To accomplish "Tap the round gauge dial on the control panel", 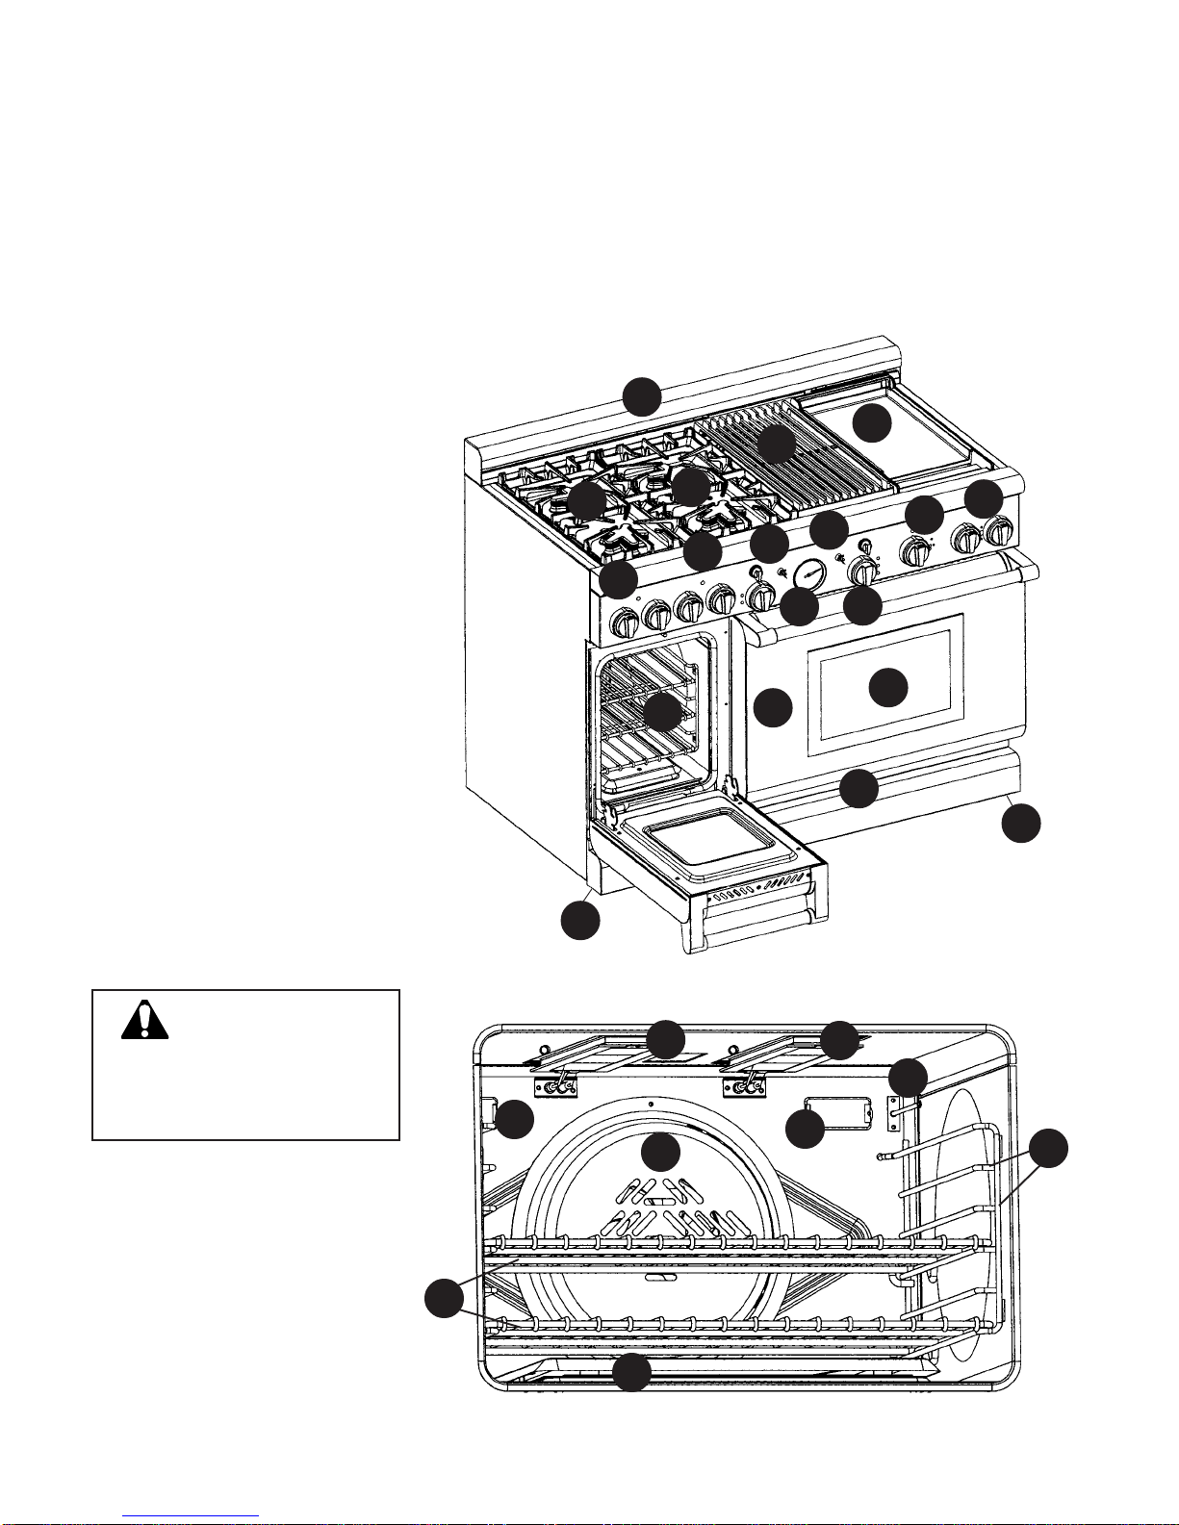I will pos(811,574).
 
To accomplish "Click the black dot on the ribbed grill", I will pos(775,444).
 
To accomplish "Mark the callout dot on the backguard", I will pos(642,396).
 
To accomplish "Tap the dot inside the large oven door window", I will pos(887,687).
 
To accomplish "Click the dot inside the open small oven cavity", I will pos(661,713).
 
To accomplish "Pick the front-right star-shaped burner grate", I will pos(717,520).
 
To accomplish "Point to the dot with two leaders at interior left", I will pos(444,1299).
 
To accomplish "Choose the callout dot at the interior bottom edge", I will pos(631,1372).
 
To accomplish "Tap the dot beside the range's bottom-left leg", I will pos(580,920).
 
